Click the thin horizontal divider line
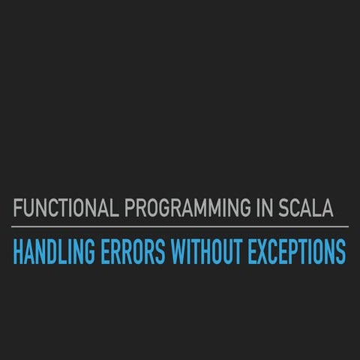pyautogui.click(x=180, y=226)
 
